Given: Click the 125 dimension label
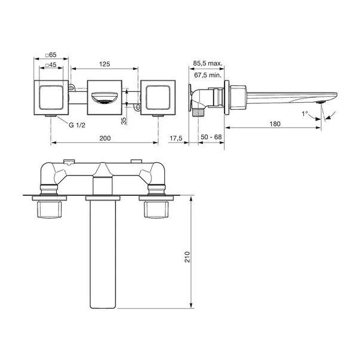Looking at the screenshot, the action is coord(104,64).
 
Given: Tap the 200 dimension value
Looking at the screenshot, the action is coord(105,139).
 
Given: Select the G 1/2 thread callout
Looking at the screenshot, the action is coord(77,125).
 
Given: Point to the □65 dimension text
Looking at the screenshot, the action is coord(51,55).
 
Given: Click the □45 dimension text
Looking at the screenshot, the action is coord(51,65).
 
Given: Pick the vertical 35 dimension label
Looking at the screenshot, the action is coord(124,121).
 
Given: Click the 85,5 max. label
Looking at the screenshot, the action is coord(208,63).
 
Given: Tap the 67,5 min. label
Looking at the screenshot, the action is coord(208,75).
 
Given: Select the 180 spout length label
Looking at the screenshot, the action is coord(275,124).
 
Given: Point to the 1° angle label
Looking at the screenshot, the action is coord(304,113).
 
